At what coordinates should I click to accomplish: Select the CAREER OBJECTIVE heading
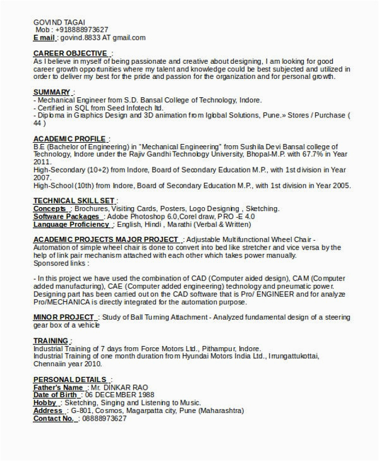click(x=70, y=53)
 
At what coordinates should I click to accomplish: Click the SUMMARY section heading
click(x=51, y=92)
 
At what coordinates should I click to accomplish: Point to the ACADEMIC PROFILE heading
click(x=69, y=138)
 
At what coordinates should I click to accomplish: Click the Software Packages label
click(x=69, y=216)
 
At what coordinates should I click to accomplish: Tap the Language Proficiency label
click(x=71, y=224)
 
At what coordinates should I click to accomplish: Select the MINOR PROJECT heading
click(x=64, y=316)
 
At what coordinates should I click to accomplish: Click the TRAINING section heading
click(x=51, y=340)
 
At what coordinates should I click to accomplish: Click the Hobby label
click(x=45, y=402)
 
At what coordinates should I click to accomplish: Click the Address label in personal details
click(x=48, y=410)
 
